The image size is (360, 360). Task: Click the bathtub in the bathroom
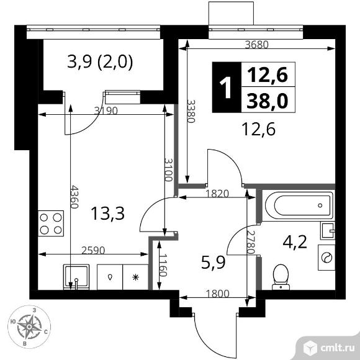pyautogui.click(x=299, y=205)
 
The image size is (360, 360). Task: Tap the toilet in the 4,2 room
pyautogui.click(x=281, y=277)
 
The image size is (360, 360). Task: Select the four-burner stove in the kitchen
pyautogui.click(x=51, y=223)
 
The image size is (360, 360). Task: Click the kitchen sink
pyautogui.click(x=76, y=277)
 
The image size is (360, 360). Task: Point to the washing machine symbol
pyautogui.click(x=326, y=257)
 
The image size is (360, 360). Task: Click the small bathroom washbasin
pyautogui.click(x=328, y=231)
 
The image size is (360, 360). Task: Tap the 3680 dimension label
pyautogui.click(x=257, y=45)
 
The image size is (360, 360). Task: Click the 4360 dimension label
pyautogui.click(x=74, y=197)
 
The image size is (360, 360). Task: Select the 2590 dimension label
pyautogui.click(x=93, y=250)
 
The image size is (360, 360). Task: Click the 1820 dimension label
pyautogui.click(x=217, y=194)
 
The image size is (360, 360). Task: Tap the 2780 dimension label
pyautogui.click(x=251, y=242)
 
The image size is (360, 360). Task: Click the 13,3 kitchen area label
pyautogui.click(x=107, y=214)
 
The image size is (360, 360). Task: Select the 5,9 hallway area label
pyautogui.click(x=214, y=263)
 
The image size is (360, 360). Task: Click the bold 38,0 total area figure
pyautogui.click(x=268, y=101)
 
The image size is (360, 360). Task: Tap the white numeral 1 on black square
pyautogui.click(x=225, y=88)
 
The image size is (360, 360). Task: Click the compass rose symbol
pyautogui.click(x=29, y=326)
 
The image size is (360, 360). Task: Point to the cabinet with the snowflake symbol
pyautogui.click(x=136, y=277)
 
